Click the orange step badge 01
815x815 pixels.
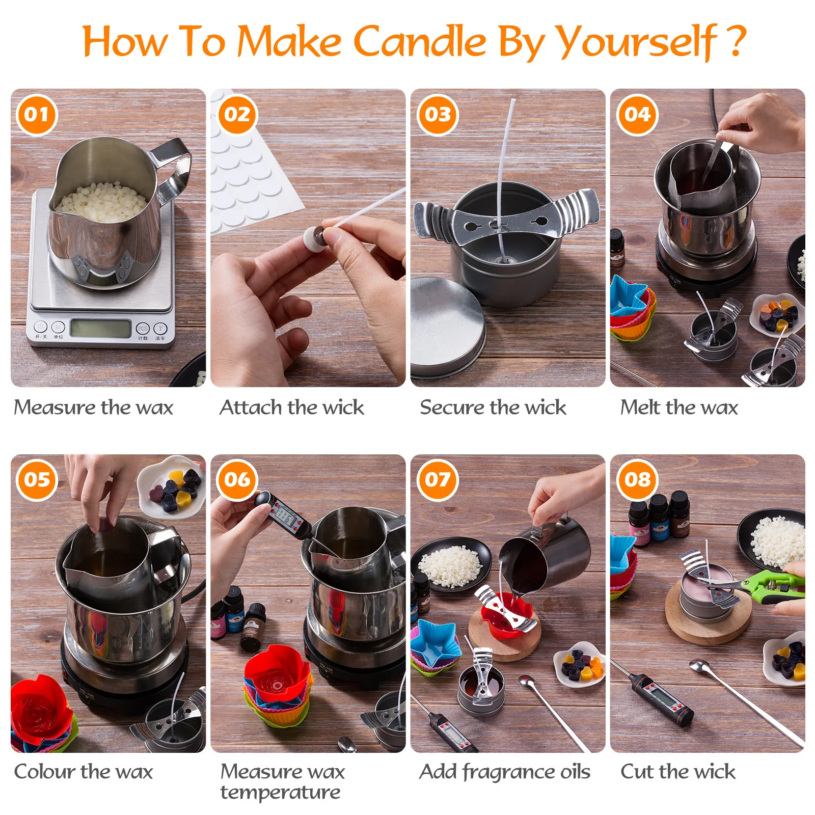[37, 115]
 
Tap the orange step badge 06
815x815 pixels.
[237, 480]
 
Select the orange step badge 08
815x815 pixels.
[637, 480]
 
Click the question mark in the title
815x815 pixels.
[736, 41]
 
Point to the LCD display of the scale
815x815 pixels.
[100, 329]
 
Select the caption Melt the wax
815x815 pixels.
[678, 407]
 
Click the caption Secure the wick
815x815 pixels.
[493, 407]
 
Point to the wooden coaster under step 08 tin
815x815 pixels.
[708, 627]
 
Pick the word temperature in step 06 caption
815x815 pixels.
[280, 793]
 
